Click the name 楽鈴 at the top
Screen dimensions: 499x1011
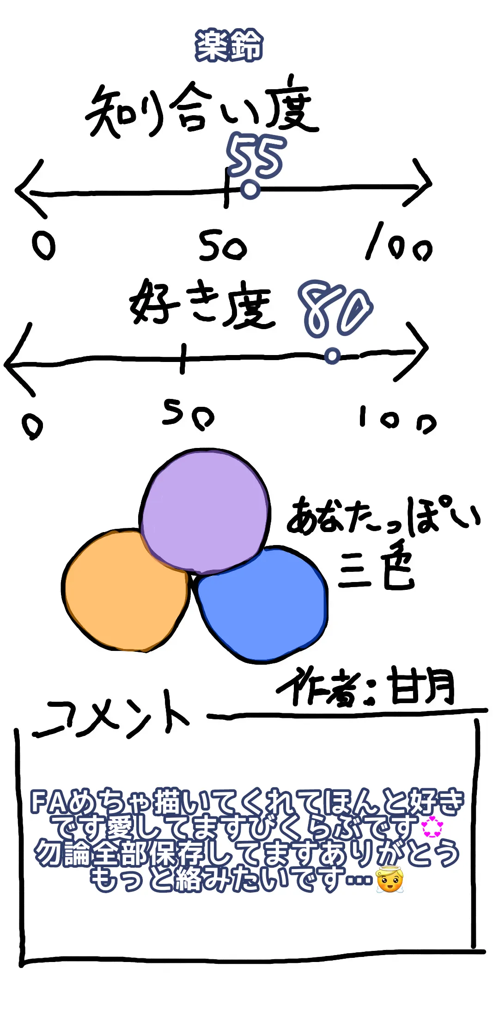pyautogui.click(x=229, y=45)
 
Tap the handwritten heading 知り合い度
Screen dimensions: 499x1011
pyautogui.click(x=201, y=110)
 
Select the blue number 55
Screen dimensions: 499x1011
pyautogui.click(x=256, y=156)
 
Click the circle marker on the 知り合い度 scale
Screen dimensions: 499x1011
pyautogui.click(x=250, y=190)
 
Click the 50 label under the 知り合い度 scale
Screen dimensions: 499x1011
pyautogui.click(x=222, y=246)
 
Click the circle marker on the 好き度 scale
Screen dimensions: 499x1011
pyautogui.click(x=332, y=356)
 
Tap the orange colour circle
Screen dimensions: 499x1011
pyautogui.click(x=126, y=591)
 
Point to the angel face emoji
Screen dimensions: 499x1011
pyautogui.click(x=389, y=879)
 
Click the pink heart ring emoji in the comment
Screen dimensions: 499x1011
pyautogui.click(x=432, y=827)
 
